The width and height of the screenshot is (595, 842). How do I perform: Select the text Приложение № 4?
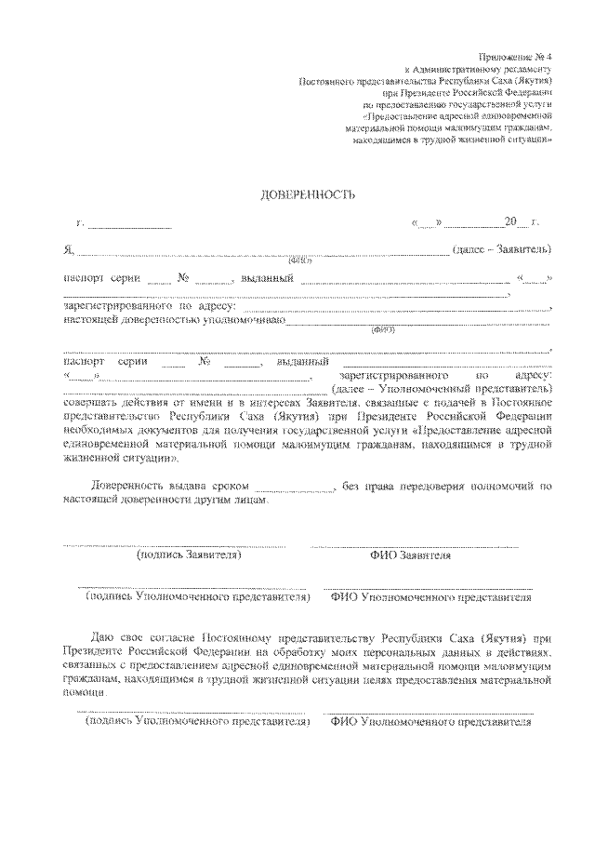pos(518,57)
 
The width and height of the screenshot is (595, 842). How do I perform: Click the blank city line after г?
pos(129,224)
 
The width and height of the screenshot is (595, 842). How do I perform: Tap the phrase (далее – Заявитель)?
pos(502,250)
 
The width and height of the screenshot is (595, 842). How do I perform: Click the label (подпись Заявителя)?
pos(189,555)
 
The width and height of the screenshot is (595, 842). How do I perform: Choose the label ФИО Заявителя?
pos(410,555)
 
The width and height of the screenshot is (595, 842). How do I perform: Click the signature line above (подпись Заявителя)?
pos(175,545)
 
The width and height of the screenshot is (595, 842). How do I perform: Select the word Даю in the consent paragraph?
pos(105,641)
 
